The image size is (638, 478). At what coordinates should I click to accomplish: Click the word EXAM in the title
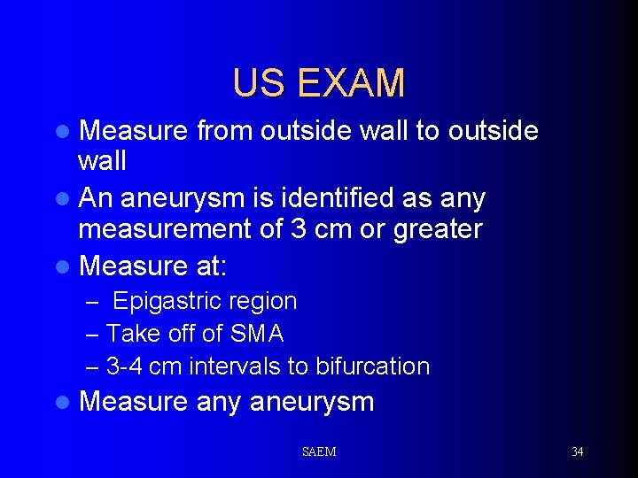(352, 83)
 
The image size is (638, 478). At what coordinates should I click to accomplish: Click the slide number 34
(577, 451)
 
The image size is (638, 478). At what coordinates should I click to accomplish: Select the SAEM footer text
(319, 451)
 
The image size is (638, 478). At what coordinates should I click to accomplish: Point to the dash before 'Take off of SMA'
(93, 335)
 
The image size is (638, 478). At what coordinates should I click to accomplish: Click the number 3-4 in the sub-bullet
(125, 366)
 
